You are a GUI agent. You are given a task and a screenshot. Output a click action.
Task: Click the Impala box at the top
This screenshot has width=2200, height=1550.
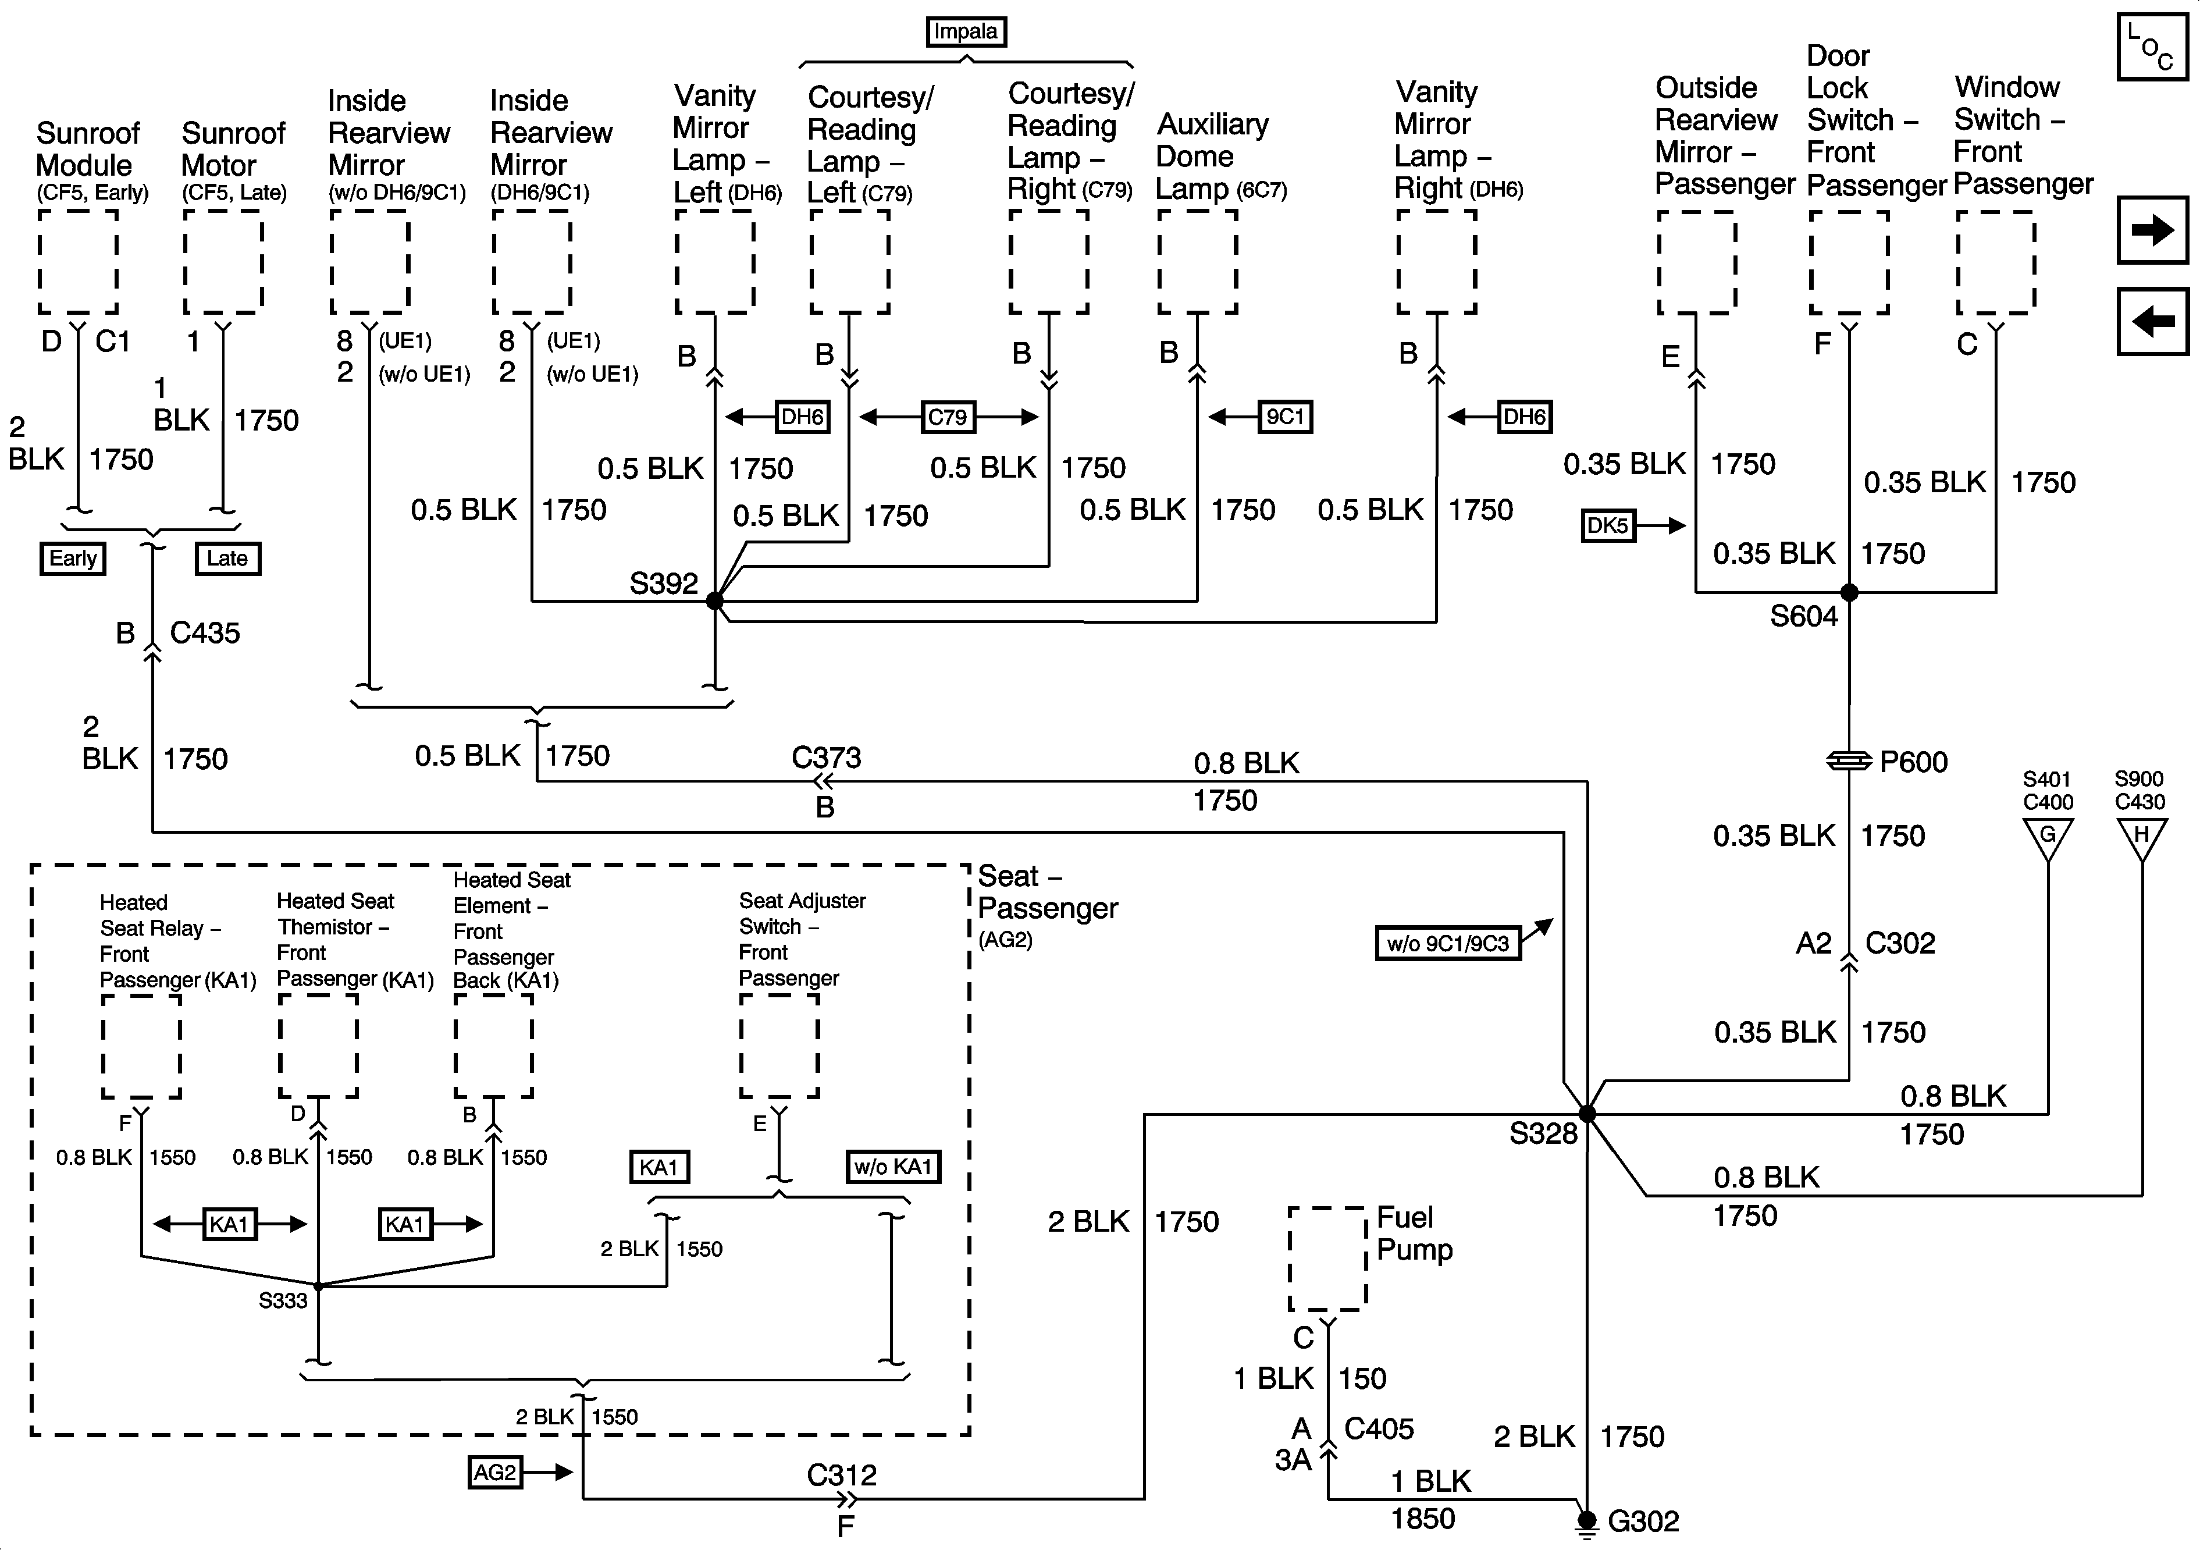point(966,31)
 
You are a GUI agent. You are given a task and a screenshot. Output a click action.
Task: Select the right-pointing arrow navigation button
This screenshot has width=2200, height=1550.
point(2152,230)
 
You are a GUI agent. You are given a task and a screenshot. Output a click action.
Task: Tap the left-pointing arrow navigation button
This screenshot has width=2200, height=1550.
point(2152,321)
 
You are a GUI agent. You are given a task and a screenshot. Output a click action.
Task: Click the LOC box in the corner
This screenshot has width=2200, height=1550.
point(2152,46)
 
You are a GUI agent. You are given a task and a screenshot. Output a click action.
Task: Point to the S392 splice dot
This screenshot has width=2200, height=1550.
point(715,601)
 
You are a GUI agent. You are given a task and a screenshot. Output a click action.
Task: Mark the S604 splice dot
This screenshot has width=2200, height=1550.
point(1849,592)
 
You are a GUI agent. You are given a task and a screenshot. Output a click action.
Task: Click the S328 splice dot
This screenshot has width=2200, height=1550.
point(1587,1114)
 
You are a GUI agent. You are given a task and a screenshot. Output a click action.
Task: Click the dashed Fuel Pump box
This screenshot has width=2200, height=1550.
point(1327,1259)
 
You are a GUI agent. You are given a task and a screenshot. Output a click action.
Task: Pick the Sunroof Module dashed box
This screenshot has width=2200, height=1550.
point(77,262)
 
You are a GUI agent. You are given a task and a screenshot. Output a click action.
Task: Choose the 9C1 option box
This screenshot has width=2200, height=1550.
point(1285,417)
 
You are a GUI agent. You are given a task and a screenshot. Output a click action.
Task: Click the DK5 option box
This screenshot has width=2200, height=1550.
point(1608,525)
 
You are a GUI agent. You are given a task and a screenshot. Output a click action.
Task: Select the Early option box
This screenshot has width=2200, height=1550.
point(73,558)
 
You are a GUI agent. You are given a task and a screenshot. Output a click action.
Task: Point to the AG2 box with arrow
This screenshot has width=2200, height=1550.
point(494,1471)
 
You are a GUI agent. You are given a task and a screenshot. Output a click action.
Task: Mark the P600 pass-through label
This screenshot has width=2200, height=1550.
point(1913,762)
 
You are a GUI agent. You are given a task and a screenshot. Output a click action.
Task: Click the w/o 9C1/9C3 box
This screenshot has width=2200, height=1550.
point(1448,943)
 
